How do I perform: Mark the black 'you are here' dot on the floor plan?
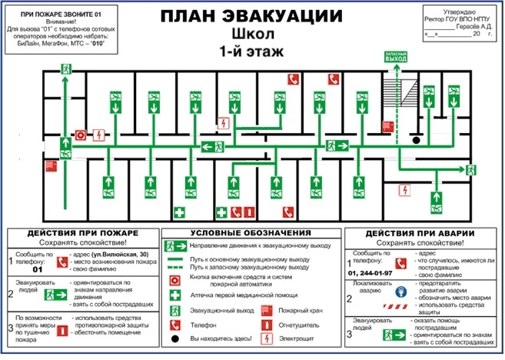pyautogui.click(x=416, y=140)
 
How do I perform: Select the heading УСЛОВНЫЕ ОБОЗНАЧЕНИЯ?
pyautogui.click(x=251, y=232)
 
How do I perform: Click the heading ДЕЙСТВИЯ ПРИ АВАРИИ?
pyautogui.click(x=420, y=233)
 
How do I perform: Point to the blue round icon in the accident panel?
pyautogui.click(x=400, y=292)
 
